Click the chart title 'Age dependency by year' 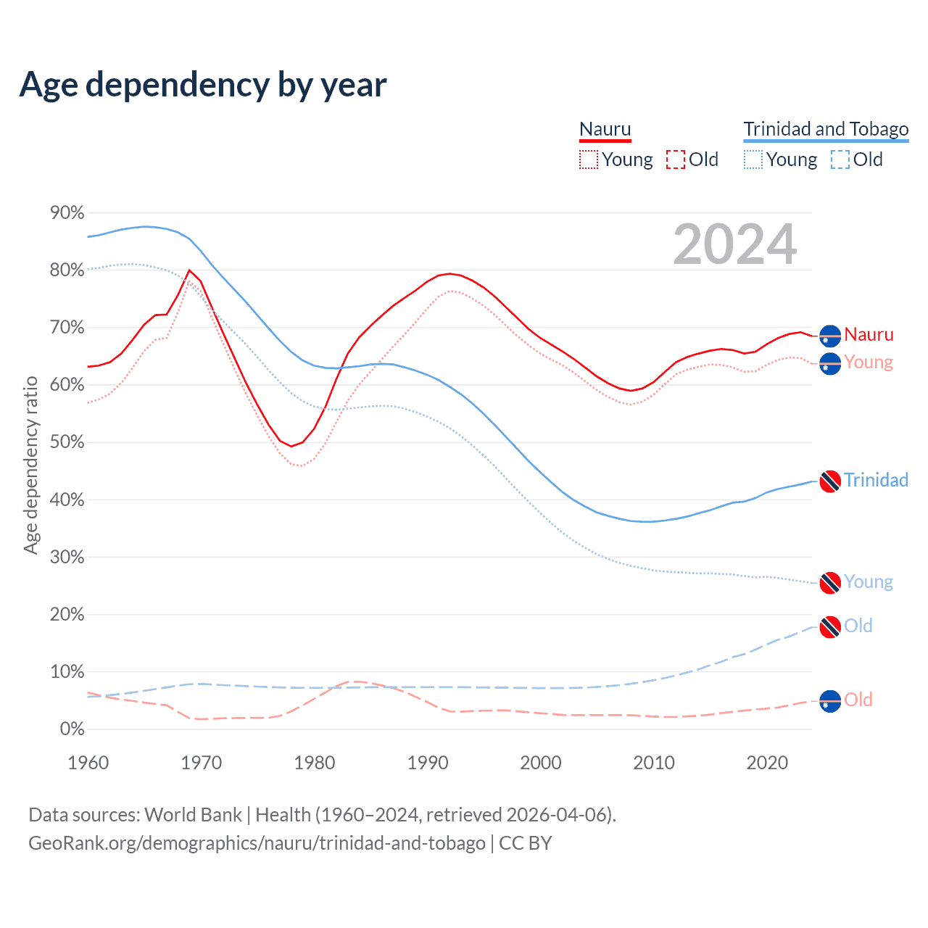coord(203,85)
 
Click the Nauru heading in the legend coord(605,129)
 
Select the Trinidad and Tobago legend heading coord(826,129)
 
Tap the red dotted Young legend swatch coord(589,159)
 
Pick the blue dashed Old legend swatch coord(840,159)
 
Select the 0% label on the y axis coord(72,729)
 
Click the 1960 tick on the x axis coord(88,763)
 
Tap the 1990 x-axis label coord(428,763)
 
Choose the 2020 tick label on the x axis coord(767,763)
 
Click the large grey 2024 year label coord(734,244)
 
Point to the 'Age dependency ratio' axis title coord(30,465)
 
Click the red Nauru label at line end coord(869,334)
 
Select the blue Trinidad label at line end coord(876,480)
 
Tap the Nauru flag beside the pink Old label coord(830,701)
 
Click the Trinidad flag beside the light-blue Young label coord(830,582)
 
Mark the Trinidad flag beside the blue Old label coord(830,627)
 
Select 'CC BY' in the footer coord(526,843)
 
